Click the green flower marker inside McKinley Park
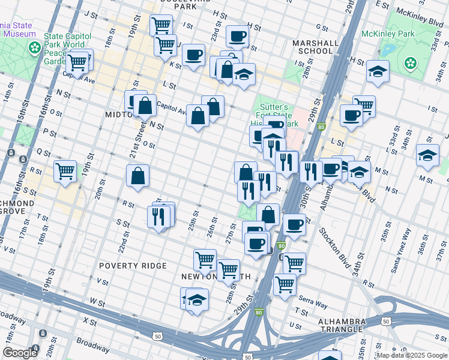(x=411, y=62)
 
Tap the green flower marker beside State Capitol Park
(x=35, y=47)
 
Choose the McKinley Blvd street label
(x=424, y=16)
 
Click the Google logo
(x=20, y=353)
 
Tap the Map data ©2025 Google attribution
(x=412, y=355)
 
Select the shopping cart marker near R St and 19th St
(x=65, y=170)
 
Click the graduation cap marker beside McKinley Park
(x=378, y=71)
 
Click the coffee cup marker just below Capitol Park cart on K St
(x=193, y=55)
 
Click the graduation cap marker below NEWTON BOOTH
(x=196, y=299)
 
